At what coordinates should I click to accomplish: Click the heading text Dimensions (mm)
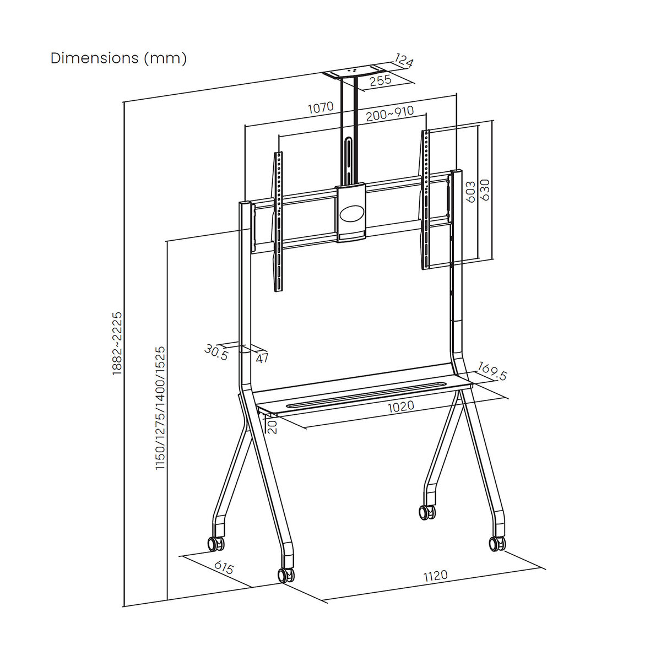[118, 58]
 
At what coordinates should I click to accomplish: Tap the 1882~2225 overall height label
[117, 344]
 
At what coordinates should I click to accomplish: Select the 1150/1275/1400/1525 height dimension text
[160, 408]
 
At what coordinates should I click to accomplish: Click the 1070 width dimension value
[321, 107]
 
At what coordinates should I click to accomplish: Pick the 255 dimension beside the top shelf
[380, 80]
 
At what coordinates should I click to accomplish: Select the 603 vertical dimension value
[470, 192]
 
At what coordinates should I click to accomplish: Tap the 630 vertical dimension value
[485, 190]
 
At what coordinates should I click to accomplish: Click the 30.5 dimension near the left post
[216, 351]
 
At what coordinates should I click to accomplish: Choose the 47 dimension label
[262, 358]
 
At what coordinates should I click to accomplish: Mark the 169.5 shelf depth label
[492, 371]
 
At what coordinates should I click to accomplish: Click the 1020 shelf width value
[400, 407]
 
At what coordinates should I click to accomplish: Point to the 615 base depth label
[224, 567]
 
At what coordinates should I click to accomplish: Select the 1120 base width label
[435, 576]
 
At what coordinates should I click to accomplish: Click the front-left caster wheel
[286, 575]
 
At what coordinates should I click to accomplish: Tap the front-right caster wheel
[497, 543]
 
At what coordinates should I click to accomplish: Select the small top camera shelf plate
[351, 72]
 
